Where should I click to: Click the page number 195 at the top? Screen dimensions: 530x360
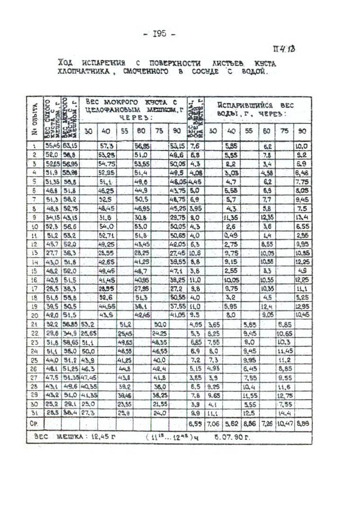pyautogui.click(x=159, y=34)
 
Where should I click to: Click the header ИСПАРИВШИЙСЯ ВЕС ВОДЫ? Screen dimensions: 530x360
pyautogui.click(x=257, y=109)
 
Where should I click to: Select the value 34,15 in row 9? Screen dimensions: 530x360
pyautogui.click(x=52, y=217)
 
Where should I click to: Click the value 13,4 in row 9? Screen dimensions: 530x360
pyautogui.click(x=301, y=217)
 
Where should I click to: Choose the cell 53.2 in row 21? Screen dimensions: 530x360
pyautogui.click(x=88, y=325)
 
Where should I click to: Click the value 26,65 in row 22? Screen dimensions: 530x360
pyautogui.click(x=88, y=334)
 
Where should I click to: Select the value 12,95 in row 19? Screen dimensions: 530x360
pyautogui.click(x=301, y=307)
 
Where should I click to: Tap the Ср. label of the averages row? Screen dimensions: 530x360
pyautogui.click(x=34, y=424)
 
